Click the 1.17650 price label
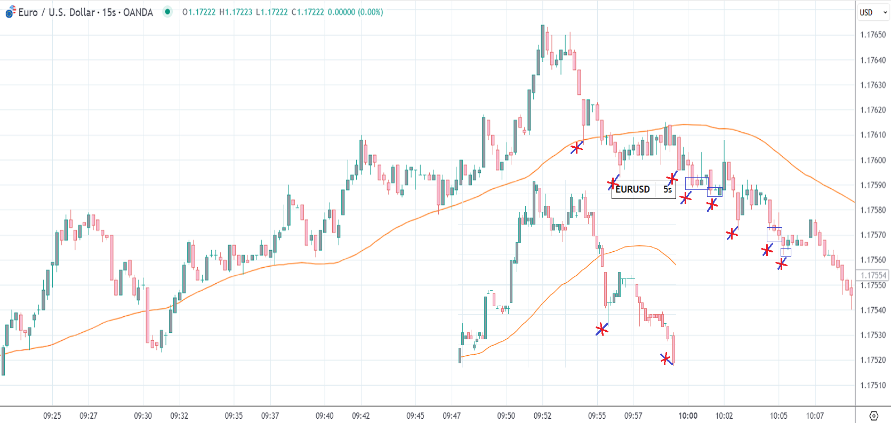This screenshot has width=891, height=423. pyautogui.click(x=872, y=35)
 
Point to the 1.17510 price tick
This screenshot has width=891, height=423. pyautogui.click(x=872, y=385)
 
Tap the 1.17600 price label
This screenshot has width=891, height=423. pyautogui.click(x=872, y=160)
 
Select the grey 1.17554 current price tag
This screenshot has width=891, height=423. pyautogui.click(x=872, y=275)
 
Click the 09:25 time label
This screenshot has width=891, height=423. pyautogui.click(x=52, y=416)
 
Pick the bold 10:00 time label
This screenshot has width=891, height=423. pyautogui.click(x=687, y=416)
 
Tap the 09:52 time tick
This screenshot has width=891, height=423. pyautogui.click(x=542, y=416)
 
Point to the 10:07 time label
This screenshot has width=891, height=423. pyautogui.click(x=815, y=416)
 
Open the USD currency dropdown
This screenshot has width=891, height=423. pyautogui.click(x=872, y=12)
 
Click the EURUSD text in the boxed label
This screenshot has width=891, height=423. pyautogui.click(x=632, y=189)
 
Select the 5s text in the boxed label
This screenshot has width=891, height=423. pyautogui.click(x=667, y=189)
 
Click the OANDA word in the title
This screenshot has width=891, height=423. pyautogui.click(x=138, y=12)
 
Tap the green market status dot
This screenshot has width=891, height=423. pyautogui.click(x=167, y=12)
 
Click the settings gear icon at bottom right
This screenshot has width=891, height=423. pyautogui.click(x=873, y=416)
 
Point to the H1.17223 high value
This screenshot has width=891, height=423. pyautogui.click(x=236, y=12)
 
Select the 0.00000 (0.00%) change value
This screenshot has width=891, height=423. pyautogui.click(x=355, y=12)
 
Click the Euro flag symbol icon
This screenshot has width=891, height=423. pyautogui.click(x=11, y=12)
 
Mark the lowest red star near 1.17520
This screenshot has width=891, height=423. pyautogui.click(x=665, y=359)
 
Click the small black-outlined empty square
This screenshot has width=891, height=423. pyautogui.click(x=786, y=252)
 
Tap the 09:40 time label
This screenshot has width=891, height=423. pyautogui.click(x=324, y=416)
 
